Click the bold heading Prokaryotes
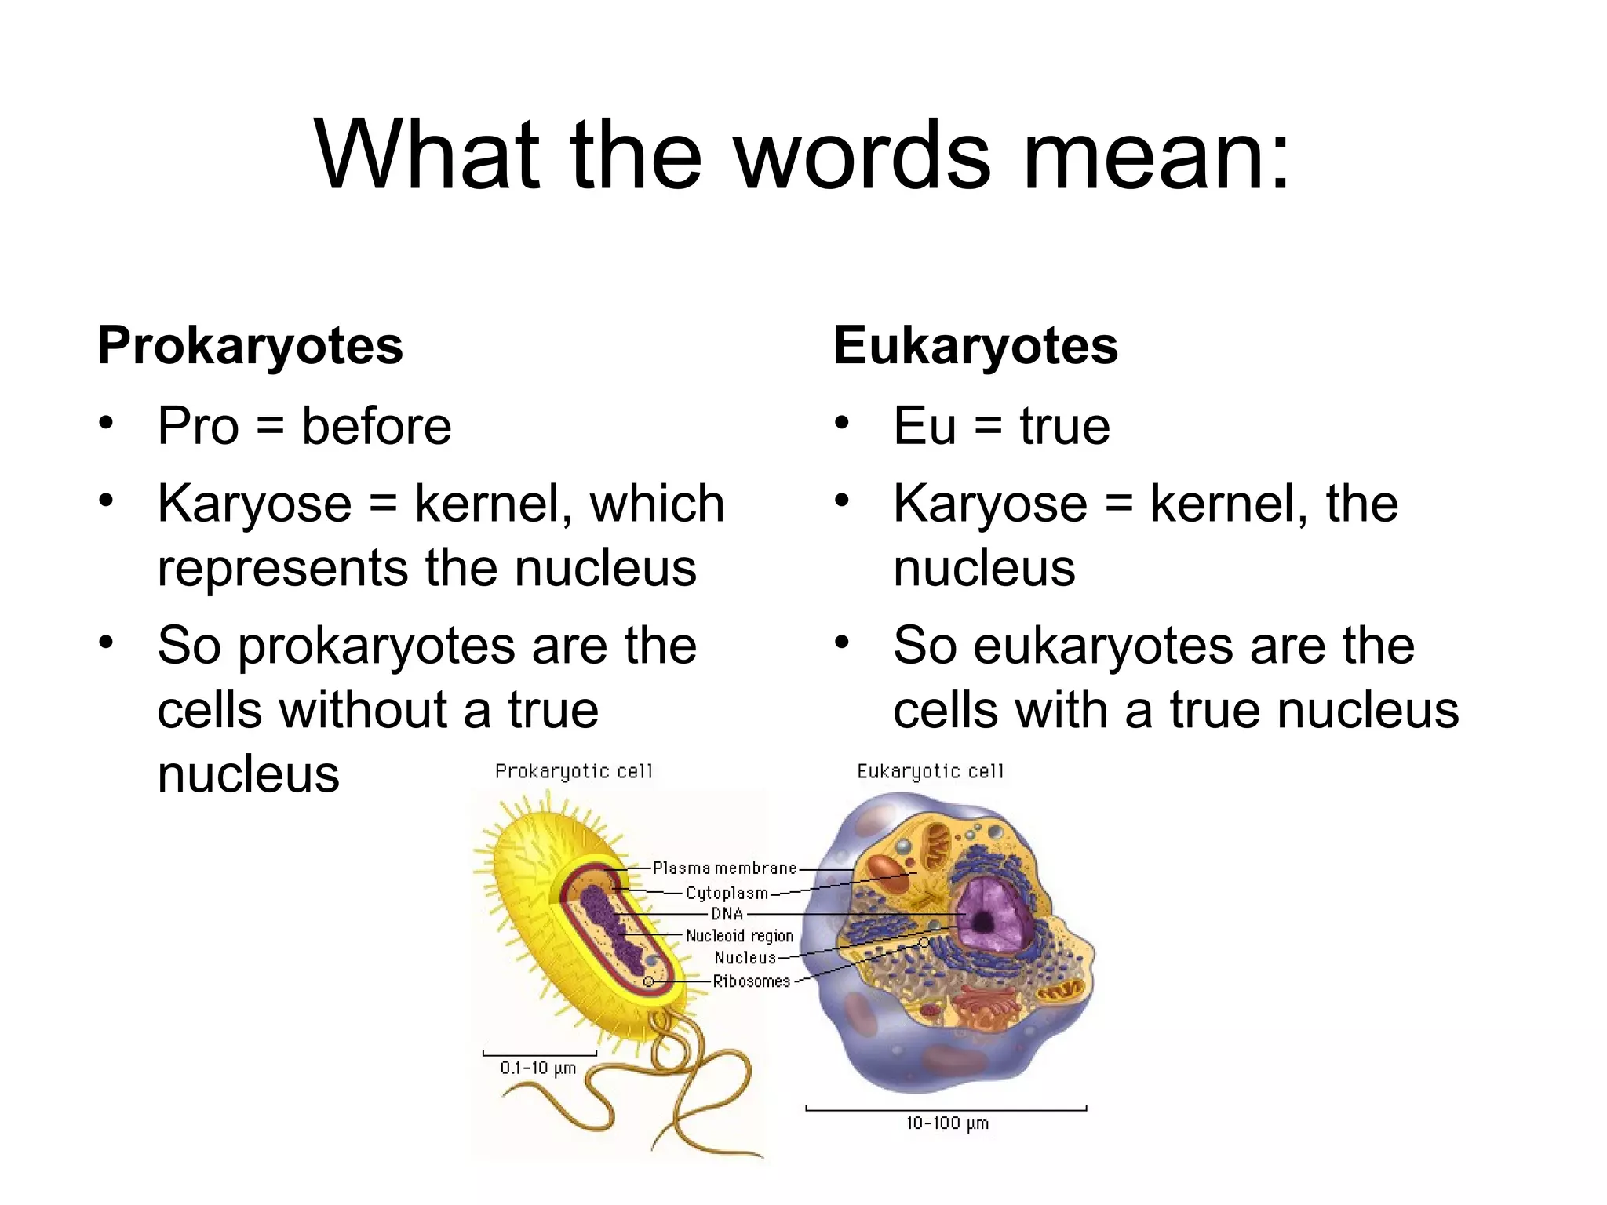coord(250,346)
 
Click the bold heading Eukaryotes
coord(975,346)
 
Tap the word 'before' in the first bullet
coord(377,426)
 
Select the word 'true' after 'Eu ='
coord(1065,426)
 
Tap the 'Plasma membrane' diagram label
coord(724,868)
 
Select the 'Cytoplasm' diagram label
coord(727,893)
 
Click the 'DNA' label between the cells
coord(727,914)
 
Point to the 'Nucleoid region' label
coord(739,936)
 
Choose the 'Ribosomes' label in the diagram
coord(751,981)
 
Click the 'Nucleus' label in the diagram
coord(745,958)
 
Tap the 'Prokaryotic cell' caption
coord(574,772)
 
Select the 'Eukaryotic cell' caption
coord(930,772)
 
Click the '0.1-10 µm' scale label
coord(538,1068)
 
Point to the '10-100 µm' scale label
coord(947,1123)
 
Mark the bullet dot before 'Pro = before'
coord(107,424)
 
